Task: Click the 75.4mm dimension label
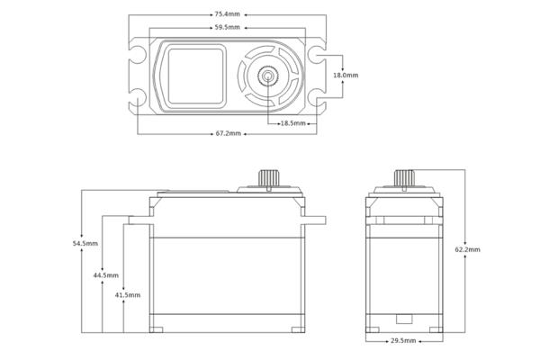click(227, 14)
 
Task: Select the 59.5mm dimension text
click(227, 27)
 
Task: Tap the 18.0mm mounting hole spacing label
click(346, 75)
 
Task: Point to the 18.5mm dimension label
click(292, 123)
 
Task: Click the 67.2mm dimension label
click(228, 133)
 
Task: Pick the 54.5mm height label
click(85, 243)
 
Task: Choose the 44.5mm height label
click(105, 275)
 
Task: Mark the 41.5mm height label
click(128, 295)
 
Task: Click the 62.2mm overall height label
click(467, 249)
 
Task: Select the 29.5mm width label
click(403, 341)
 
